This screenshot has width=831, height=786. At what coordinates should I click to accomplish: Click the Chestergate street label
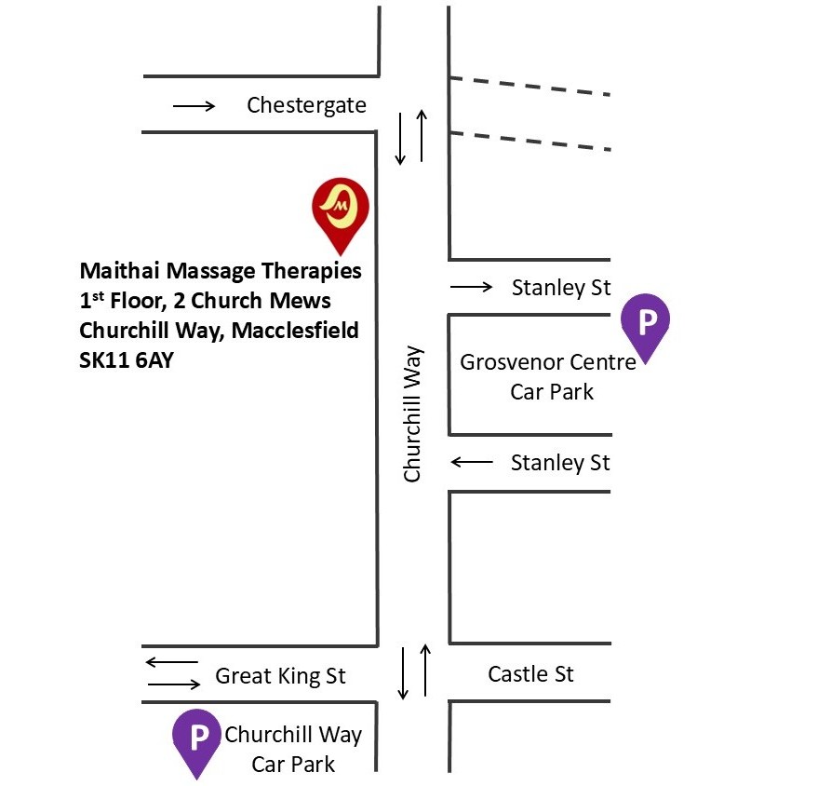coord(306,105)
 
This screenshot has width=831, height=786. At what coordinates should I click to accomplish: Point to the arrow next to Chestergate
coord(194,106)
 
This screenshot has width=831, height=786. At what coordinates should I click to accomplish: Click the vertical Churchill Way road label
coord(412,414)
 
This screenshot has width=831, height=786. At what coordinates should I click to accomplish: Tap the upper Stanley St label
coord(561,288)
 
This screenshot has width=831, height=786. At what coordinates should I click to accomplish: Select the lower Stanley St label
coord(560,463)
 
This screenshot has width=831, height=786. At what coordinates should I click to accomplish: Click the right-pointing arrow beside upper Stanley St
coord(472,288)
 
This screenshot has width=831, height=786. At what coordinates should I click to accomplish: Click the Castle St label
coord(530,673)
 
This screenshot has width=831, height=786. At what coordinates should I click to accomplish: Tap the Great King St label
coord(280,676)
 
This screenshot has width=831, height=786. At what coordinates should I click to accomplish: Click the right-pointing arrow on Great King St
coord(174,685)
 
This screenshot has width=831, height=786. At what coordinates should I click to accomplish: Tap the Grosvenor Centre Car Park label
coord(549,376)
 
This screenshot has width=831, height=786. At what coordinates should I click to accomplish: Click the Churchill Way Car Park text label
coord(293,750)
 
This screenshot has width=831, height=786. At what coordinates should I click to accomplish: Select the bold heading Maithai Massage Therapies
coord(221,272)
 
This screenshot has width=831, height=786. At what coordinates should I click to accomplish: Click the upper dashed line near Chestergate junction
coord(529,86)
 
